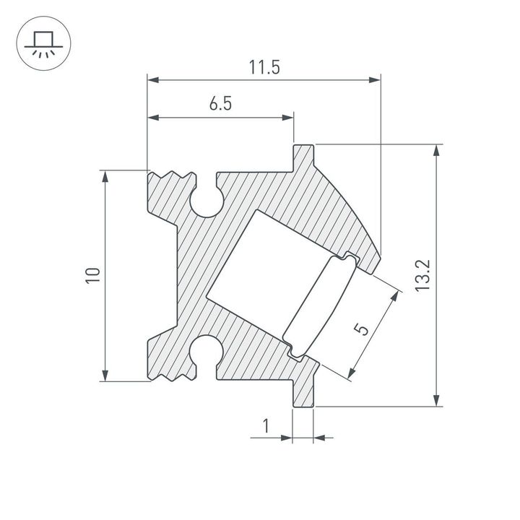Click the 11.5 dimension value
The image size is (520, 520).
264,68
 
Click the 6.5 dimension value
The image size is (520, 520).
220,104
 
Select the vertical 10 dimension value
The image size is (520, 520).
92,275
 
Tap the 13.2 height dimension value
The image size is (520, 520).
424,276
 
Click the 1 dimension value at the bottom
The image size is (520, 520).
265,426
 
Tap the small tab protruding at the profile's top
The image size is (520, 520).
303,154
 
